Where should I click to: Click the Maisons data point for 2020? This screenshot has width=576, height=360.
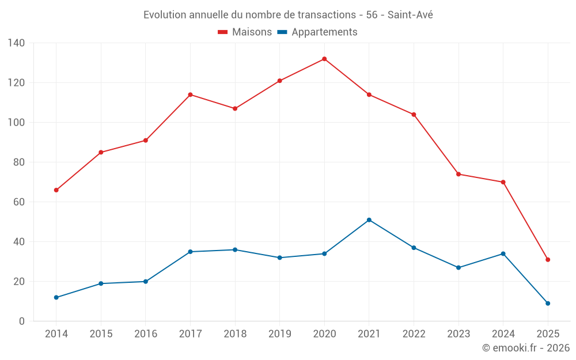coord(324,59)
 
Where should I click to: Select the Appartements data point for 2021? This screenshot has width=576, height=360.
coord(369,220)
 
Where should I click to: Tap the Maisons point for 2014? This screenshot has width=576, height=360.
coord(56,190)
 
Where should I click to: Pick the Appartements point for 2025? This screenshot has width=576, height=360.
coord(548,304)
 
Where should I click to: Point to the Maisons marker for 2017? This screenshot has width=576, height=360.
coord(190,94)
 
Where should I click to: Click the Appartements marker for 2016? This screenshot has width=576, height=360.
coord(146,282)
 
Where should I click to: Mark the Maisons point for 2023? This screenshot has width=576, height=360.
coord(458,174)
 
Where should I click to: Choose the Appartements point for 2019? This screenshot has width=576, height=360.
coord(280,257)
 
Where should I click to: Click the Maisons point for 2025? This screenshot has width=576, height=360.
coord(548,260)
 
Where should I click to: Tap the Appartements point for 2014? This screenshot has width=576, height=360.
coord(56,298)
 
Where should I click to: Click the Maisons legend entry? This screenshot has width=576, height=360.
coord(245,32)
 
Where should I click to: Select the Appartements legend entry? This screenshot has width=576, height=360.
coord(317,32)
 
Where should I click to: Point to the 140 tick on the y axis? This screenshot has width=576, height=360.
coord(17,43)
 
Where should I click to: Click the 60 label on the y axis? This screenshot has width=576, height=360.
coord(19,202)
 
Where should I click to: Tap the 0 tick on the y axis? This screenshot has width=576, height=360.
coord(21,321)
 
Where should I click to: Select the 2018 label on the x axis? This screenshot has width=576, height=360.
coord(235,334)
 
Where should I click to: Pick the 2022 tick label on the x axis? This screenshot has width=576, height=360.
coord(414,334)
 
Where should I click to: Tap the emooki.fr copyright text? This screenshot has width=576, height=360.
coord(526,348)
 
